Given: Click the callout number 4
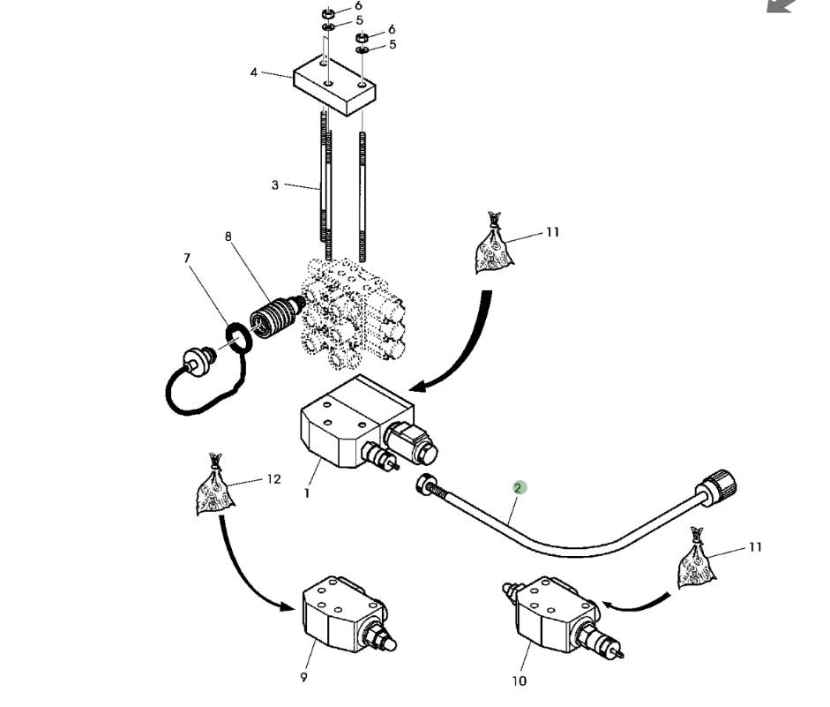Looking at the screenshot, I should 254,72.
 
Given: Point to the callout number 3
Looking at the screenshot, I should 275,185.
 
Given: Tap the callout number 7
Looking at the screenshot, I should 187,258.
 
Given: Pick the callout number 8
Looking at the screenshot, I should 229,237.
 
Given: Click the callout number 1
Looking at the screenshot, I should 307,493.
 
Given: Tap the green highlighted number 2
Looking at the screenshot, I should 520,487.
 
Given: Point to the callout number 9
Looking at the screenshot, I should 303,678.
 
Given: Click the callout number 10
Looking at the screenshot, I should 519,681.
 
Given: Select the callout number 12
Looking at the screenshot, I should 273,479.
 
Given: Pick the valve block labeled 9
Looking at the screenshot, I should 341,614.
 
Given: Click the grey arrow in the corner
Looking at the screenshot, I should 780,5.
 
